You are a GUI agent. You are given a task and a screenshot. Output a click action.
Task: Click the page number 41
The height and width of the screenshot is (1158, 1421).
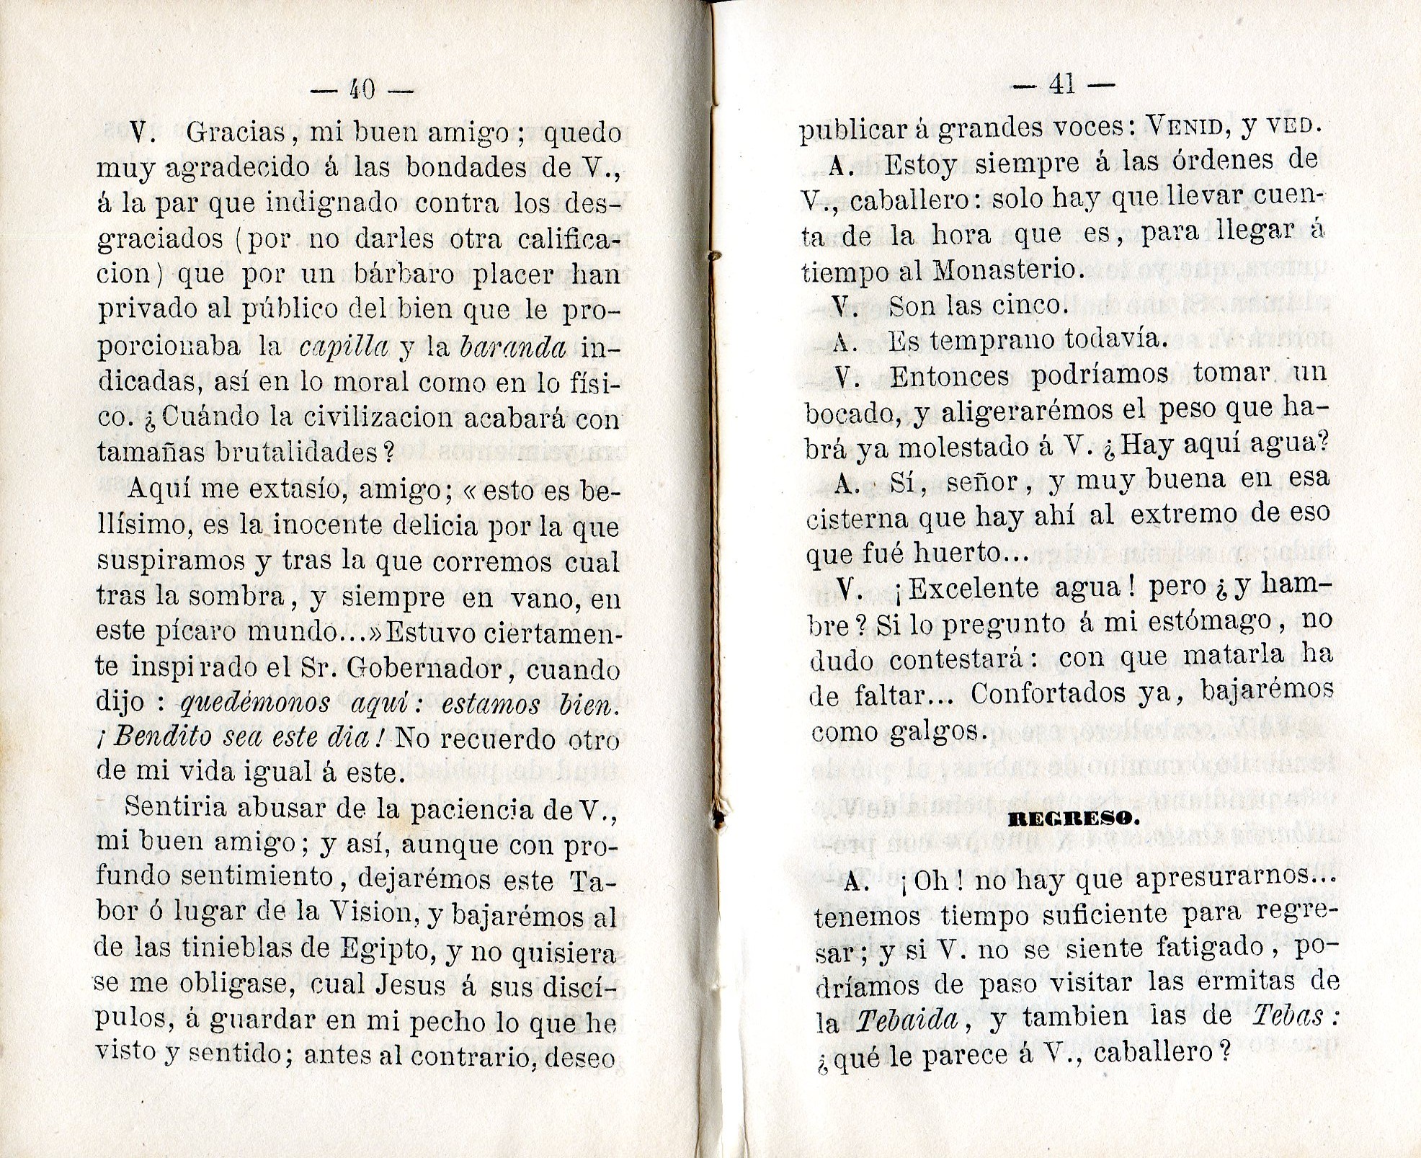(x=1063, y=85)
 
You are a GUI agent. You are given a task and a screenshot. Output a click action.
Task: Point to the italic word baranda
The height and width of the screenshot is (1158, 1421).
(x=512, y=347)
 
